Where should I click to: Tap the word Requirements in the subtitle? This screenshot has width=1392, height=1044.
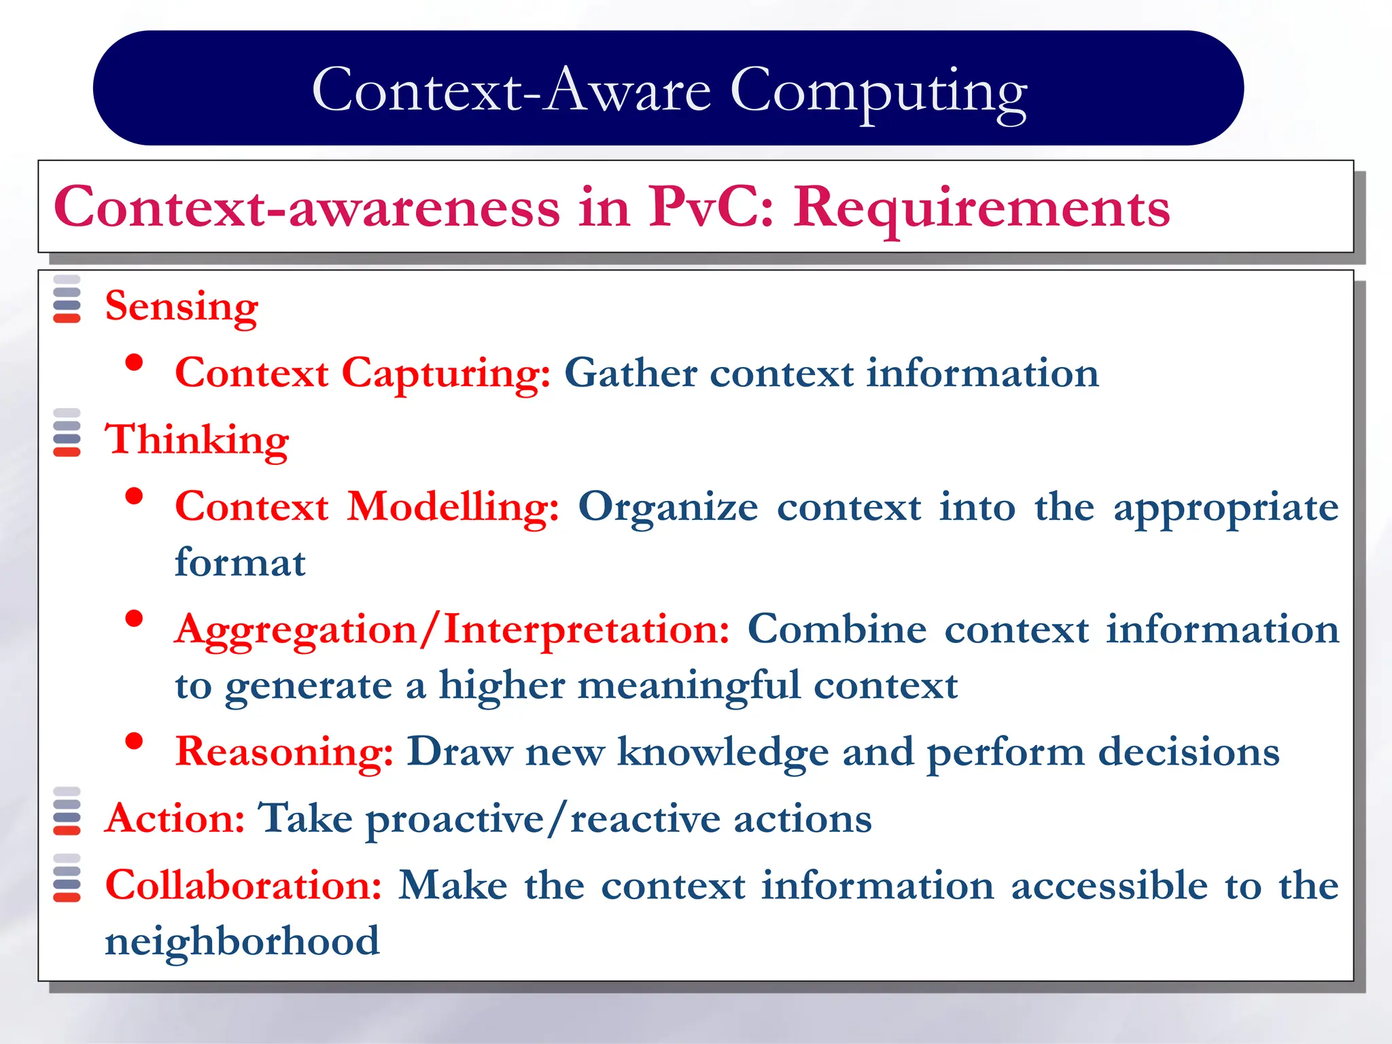coord(981,207)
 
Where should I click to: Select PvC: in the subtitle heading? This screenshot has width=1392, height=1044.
coord(710,207)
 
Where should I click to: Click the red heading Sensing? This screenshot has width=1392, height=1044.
coord(181,307)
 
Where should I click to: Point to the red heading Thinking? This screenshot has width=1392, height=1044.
coord(196,440)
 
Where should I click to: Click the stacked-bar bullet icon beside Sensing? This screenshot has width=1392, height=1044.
coord(67,299)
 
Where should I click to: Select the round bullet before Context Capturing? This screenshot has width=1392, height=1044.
coord(135,362)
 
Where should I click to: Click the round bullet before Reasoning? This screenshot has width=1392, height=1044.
coord(135,741)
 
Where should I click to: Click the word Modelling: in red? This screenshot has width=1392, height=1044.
coord(453,507)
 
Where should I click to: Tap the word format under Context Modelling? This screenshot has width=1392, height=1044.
coord(240,563)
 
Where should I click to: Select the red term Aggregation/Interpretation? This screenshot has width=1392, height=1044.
coord(452,629)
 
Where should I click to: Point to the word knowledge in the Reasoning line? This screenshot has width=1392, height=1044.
coord(723,752)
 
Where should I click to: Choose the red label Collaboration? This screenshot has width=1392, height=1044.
coord(243,886)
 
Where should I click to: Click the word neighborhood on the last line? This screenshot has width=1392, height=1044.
coord(242,941)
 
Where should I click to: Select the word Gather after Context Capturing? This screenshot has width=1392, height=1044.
coord(630,374)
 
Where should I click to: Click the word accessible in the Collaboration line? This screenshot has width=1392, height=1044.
coord(1109,886)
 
